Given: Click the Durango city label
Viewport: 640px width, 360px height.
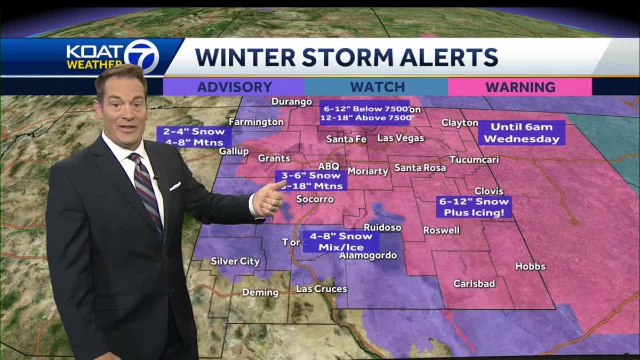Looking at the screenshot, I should coord(292,101).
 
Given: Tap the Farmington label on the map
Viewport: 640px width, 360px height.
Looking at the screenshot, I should coord(257,122).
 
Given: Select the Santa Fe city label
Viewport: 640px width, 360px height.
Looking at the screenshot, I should coord(346,139).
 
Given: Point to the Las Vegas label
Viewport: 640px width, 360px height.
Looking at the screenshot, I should coord(401,138).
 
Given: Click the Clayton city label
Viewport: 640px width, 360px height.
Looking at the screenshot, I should coord(460,123).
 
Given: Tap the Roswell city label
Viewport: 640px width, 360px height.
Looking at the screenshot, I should coord(441,230).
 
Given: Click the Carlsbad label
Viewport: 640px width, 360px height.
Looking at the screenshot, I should coord(474,284).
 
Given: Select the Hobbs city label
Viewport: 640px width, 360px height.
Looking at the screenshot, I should coord(530,266).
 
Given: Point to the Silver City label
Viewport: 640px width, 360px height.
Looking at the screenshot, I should coord(235,261).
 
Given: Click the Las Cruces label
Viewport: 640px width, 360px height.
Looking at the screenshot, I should coord(322,289).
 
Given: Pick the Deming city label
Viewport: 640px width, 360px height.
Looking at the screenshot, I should coord(260,292).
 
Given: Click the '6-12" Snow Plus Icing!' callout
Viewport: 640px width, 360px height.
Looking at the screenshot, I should coord(474,207).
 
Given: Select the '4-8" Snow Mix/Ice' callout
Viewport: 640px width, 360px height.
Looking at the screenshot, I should coord(341,242).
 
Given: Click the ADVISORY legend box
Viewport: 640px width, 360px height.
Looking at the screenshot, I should coord(234,87).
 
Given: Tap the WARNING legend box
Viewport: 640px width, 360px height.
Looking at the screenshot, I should coord(520,87).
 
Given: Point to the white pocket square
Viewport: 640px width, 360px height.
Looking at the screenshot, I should coord(175,186).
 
